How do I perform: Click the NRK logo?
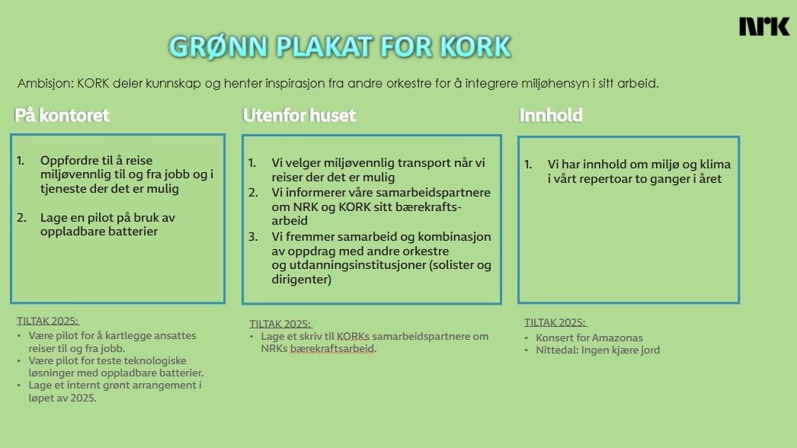(764, 27)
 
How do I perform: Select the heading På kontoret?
(62, 116)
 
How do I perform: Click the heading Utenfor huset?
(299, 116)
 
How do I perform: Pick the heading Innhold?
(551, 116)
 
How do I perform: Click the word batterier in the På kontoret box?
(130, 232)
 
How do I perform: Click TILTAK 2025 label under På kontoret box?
(48, 321)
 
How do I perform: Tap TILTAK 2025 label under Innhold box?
(555, 322)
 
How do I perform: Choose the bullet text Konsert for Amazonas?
(589, 338)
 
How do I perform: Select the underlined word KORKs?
(353, 336)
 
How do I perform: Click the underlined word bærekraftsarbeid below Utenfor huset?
(333, 349)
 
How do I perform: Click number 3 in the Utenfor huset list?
(252, 236)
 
